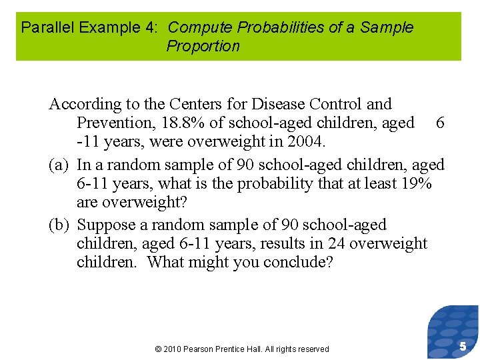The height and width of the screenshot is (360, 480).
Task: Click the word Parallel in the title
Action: click(x=44, y=28)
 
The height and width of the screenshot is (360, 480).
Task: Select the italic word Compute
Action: click(x=195, y=28)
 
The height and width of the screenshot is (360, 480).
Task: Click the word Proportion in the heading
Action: click(x=203, y=47)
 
